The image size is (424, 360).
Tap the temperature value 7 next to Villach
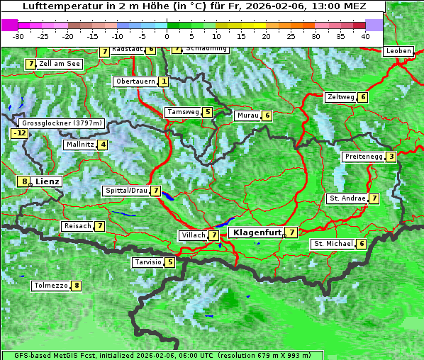(214, 235)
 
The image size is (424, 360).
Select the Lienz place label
(48, 181)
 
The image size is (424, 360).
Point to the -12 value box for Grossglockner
(19, 133)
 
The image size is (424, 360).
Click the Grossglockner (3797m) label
(62, 123)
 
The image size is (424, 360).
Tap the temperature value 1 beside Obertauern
(164, 81)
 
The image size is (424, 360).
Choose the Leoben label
(398, 51)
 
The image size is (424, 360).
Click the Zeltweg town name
(340, 97)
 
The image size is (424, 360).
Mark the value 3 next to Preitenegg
(391, 156)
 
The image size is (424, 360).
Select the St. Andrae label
(347, 198)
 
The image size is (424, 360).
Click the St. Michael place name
(333, 244)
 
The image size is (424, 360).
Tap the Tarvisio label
(147, 262)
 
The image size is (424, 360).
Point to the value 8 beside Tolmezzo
(76, 286)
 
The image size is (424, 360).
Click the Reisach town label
(77, 226)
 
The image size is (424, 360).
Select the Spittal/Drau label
(125, 191)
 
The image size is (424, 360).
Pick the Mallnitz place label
(79, 145)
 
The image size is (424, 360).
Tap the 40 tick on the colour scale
(365, 35)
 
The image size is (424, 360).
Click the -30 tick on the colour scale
(19, 35)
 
